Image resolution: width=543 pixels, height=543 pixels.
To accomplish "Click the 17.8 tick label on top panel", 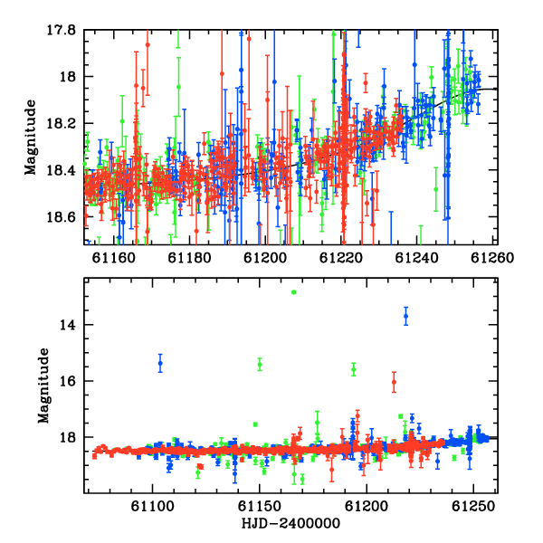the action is [x=61, y=30].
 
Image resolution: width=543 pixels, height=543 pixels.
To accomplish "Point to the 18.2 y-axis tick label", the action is [x=61, y=123].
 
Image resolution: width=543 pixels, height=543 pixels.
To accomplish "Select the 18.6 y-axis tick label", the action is [x=61, y=217].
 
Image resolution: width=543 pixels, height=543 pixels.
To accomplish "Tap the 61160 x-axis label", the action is [x=114, y=258].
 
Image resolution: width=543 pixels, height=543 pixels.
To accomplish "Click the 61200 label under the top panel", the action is [x=265, y=258].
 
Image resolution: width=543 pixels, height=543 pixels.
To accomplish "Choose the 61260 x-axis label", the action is [x=492, y=258].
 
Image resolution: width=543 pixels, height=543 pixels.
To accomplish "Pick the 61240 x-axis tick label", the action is [x=416, y=258].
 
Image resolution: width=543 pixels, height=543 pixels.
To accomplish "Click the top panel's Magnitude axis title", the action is [x=31, y=138].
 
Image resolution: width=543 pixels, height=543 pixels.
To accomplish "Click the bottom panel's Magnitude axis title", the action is [x=43, y=386].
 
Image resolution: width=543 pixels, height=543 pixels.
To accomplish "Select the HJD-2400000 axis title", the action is [x=291, y=523].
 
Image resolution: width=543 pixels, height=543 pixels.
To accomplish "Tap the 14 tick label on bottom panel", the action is [x=68, y=325].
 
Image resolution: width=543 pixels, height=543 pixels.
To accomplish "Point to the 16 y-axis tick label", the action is [x=68, y=381].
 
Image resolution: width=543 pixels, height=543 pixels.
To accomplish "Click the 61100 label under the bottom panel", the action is [x=152, y=506].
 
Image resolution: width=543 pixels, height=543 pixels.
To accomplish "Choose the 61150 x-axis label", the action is [x=260, y=506].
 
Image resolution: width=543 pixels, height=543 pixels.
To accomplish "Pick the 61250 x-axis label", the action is [x=473, y=506].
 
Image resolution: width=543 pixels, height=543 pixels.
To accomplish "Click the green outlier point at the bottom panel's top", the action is [x=294, y=292].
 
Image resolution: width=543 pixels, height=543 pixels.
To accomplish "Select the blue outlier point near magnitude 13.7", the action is [x=405, y=316].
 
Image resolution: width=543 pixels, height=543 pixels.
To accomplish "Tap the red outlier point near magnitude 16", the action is [x=394, y=382].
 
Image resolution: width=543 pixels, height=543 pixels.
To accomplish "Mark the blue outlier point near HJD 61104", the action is [x=160, y=363].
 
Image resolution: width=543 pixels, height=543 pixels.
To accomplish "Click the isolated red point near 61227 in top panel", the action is [x=366, y=82].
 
